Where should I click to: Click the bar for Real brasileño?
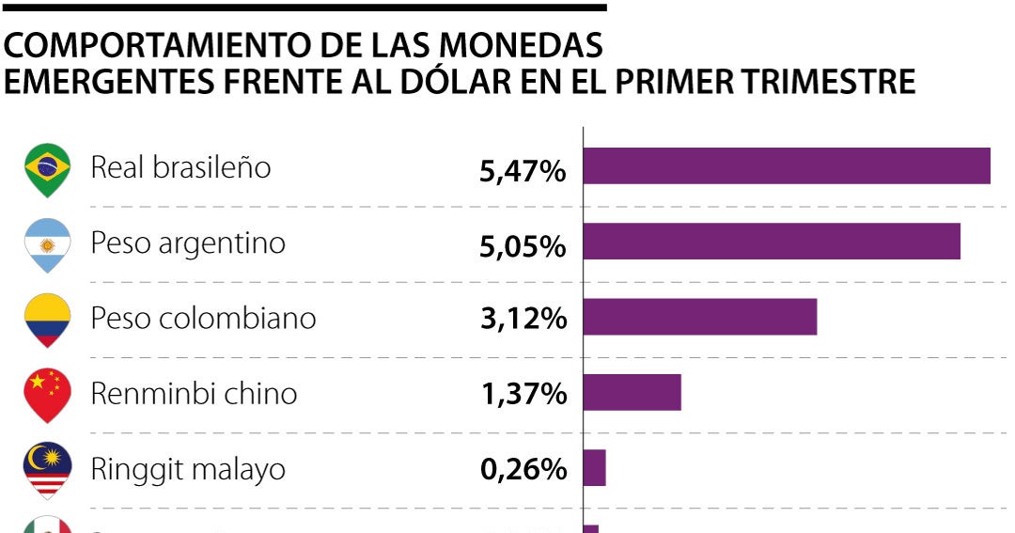787,166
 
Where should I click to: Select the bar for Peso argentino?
772,242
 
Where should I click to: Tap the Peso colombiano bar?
700,317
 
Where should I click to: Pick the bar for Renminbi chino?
632,392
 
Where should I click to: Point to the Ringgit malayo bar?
594,467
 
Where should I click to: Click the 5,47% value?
523,171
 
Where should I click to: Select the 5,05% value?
523,246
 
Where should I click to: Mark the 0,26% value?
523,469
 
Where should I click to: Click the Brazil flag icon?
47,169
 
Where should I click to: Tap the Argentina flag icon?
47,244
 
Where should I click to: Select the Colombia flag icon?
47,320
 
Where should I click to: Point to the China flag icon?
47,395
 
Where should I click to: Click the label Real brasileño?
180,167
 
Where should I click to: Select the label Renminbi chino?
194,393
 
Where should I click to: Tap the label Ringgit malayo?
188,468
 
